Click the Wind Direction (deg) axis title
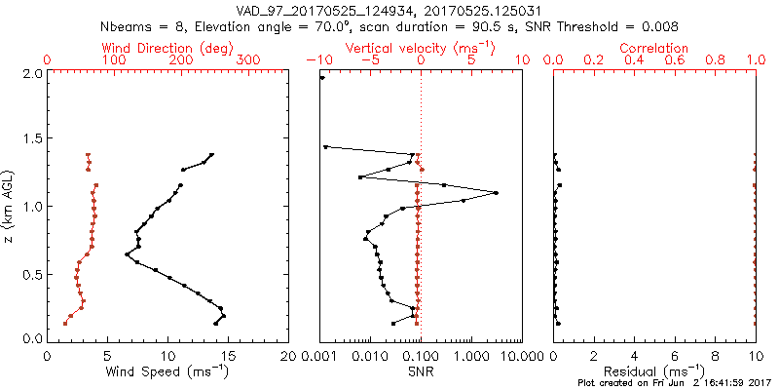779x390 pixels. coord(171,48)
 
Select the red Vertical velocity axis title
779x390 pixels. coord(420,48)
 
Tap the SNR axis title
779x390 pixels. coord(421,372)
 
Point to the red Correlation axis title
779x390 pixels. coord(654,48)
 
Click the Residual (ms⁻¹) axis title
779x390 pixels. coord(654,372)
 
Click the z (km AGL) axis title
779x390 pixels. coord(10,206)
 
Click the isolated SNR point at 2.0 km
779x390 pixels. coord(322,78)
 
